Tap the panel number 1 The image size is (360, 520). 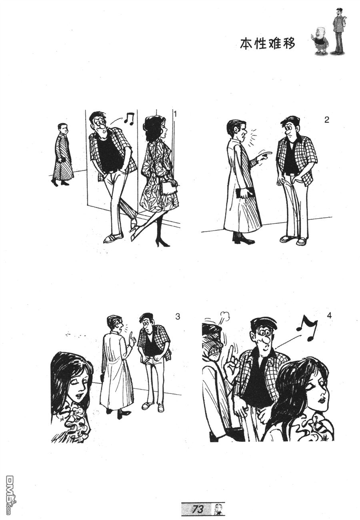tap(176, 114)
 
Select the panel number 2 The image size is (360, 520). tap(326, 120)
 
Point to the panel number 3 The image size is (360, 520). tap(178, 317)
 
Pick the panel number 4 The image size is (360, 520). tap(329, 316)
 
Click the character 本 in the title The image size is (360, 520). tap(246, 43)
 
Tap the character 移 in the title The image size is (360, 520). tap(288, 43)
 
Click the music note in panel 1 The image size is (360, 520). tap(129, 119)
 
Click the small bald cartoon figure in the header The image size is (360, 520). tap(320, 40)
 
